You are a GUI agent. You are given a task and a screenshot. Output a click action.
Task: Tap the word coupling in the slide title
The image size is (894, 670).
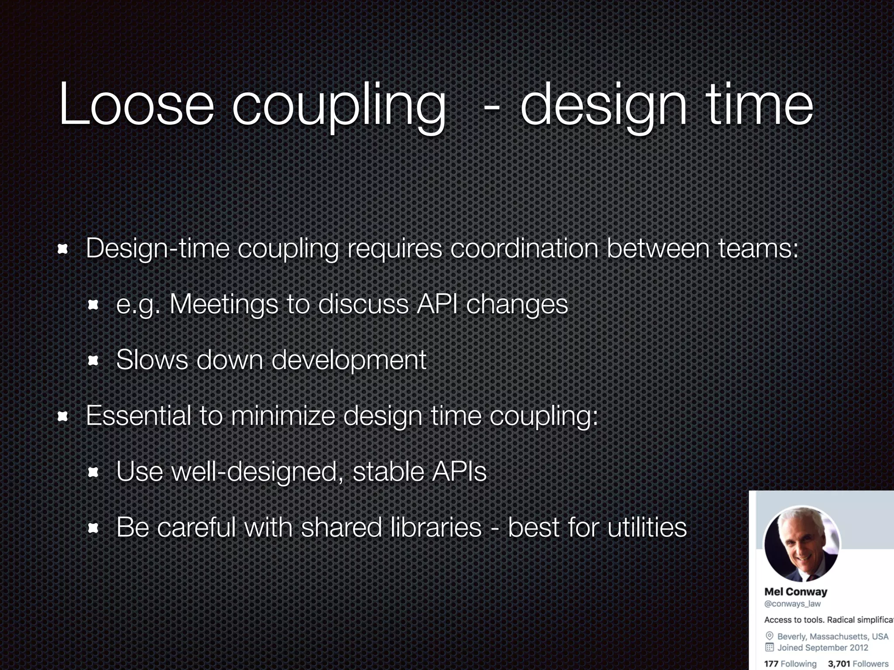pos(339,107)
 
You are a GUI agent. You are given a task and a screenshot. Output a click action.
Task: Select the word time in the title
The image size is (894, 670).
pos(760,105)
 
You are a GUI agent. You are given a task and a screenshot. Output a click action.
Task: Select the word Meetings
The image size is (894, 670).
pos(223,304)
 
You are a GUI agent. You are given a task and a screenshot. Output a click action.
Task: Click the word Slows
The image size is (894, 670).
pos(152,360)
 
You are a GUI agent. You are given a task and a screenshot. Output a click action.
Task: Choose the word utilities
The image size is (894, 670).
pos(647,527)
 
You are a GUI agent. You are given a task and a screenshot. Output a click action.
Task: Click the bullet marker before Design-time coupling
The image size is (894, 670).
pos(63,249)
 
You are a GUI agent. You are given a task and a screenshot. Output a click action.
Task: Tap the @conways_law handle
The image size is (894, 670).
pos(792,604)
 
